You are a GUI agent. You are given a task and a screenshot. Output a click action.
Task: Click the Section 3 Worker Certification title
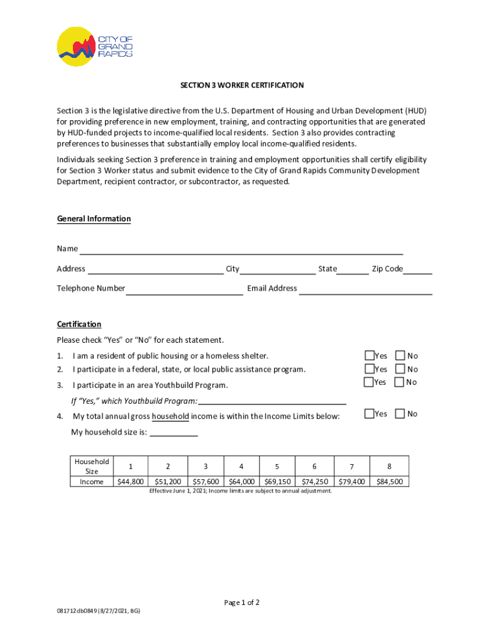(x=242, y=85)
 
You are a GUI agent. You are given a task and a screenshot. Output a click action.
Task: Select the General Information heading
(x=94, y=219)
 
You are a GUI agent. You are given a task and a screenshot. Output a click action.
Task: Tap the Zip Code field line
(x=418, y=270)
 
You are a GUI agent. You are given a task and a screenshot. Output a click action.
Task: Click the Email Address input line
(x=365, y=289)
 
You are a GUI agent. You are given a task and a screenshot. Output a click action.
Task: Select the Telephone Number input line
(x=184, y=289)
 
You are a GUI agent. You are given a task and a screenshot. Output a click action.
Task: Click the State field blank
(x=353, y=270)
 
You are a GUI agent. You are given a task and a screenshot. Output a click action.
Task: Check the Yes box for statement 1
(x=370, y=356)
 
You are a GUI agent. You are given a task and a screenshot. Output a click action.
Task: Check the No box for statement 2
(x=400, y=369)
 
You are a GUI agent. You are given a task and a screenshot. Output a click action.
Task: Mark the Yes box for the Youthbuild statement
(x=369, y=382)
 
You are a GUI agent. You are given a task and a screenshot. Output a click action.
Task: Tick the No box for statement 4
(x=400, y=414)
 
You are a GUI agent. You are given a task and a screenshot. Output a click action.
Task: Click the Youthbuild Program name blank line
(x=272, y=401)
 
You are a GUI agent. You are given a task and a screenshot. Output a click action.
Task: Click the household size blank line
(x=173, y=433)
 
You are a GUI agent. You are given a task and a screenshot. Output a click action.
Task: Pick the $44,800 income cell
(x=131, y=482)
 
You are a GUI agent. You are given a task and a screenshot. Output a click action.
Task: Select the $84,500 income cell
(x=389, y=482)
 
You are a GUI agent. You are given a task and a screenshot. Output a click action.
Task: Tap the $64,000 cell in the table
(x=242, y=482)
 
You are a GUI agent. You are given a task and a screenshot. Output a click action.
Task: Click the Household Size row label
(x=92, y=466)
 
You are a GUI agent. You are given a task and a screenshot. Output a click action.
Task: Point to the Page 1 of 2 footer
(x=242, y=602)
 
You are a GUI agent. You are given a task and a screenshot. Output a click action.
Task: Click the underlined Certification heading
(x=79, y=324)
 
